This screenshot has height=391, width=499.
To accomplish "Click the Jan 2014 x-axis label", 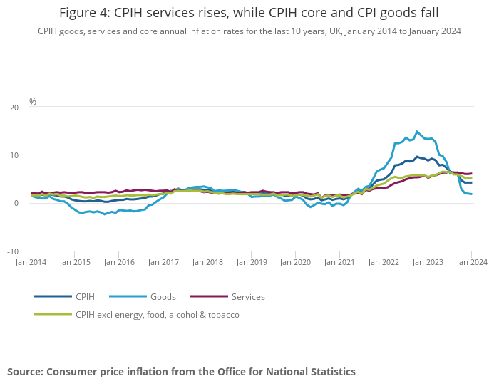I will pyautogui.click(x=31, y=262).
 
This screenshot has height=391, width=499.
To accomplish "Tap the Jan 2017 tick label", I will pyautogui.click(x=163, y=262).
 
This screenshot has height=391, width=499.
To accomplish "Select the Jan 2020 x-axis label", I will pyautogui.click(x=295, y=262).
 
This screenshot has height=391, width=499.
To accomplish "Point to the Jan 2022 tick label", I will pyautogui.click(x=384, y=262).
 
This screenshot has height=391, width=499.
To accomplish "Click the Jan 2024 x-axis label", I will pyautogui.click(x=471, y=262).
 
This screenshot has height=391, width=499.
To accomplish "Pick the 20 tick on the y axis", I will pyautogui.click(x=14, y=108).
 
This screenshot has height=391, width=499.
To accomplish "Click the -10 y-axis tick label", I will pyautogui.click(x=12, y=251).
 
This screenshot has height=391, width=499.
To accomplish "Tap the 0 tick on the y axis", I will pyautogui.click(x=16, y=203).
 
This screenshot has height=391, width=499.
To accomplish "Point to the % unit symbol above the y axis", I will pyautogui.click(x=33, y=102).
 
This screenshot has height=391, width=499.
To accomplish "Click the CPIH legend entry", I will pyautogui.click(x=85, y=296).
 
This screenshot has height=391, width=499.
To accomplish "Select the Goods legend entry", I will pyautogui.click(x=163, y=296).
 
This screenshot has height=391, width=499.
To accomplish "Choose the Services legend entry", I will pyautogui.click(x=247, y=296).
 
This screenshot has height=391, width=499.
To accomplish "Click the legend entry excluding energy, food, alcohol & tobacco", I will pyautogui.click(x=157, y=314).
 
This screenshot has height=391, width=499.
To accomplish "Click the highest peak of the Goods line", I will pyautogui.click(x=418, y=131).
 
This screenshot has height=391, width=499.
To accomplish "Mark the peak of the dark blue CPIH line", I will pyautogui.click(x=418, y=157).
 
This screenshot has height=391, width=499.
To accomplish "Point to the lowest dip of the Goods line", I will pyautogui.click(x=105, y=214).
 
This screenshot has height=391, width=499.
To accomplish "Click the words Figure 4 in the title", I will pyautogui.click(x=84, y=13).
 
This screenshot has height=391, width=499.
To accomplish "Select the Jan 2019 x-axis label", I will pyautogui.click(x=251, y=262).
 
